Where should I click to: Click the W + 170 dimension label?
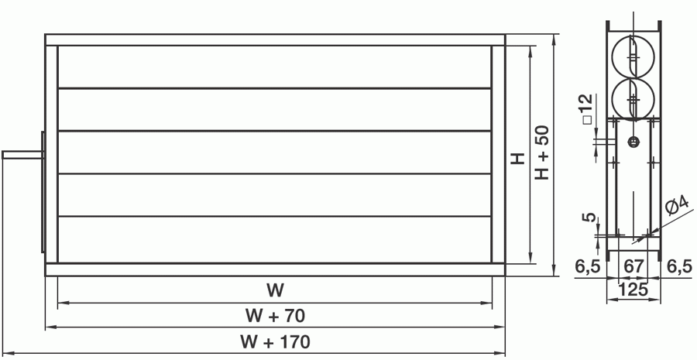(x=275, y=341)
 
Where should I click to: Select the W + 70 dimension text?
(x=275, y=316)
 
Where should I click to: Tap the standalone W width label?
(x=275, y=290)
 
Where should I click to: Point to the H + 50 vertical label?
(x=542, y=153)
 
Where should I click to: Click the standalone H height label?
(x=517, y=158)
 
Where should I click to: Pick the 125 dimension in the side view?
(x=633, y=290)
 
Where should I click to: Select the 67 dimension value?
(x=633, y=266)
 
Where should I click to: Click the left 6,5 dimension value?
(x=588, y=266)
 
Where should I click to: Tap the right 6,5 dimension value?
(x=680, y=266)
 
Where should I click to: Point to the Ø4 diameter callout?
(x=677, y=205)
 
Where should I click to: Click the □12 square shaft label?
(x=588, y=109)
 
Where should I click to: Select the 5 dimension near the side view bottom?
(x=590, y=218)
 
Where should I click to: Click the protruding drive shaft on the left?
(x=23, y=155)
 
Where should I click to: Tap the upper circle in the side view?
(x=612, y=57)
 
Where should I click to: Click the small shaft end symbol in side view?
(x=633, y=142)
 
